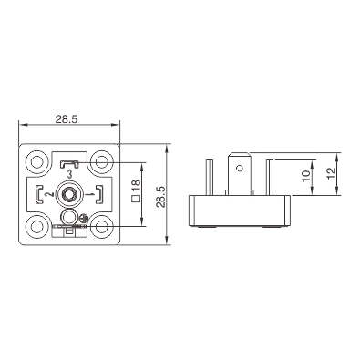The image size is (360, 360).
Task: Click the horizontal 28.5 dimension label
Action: click(x=67, y=119)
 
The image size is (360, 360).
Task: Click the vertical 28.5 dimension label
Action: click(x=160, y=197)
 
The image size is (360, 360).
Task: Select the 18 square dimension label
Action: click(x=136, y=190)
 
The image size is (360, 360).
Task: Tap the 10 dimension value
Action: click(x=306, y=176)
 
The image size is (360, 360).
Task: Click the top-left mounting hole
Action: click(x=37, y=161)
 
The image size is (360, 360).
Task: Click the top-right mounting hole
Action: click(x=102, y=161)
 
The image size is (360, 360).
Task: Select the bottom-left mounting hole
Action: click(x=37, y=227)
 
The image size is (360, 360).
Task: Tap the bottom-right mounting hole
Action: click(x=102, y=227)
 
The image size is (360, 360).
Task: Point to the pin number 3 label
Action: click(x=69, y=175)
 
